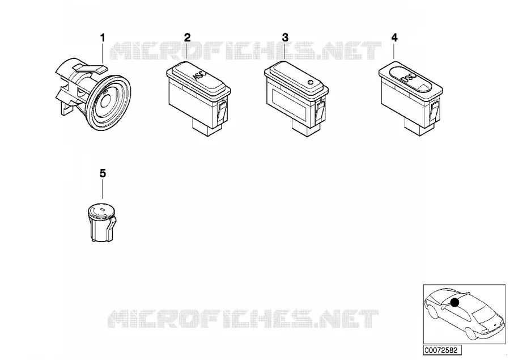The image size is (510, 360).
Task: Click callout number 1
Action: (x=103, y=38)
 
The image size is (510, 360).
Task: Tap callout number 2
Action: (x=188, y=37)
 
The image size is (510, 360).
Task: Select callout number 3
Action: (x=285, y=37)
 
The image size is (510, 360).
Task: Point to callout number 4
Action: (x=394, y=37)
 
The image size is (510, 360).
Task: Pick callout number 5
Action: (x=103, y=173)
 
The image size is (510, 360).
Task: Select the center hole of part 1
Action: (x=105, y=102)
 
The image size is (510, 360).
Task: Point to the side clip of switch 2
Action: (x=223, y=110)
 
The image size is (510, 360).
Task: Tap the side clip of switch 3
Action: (x=320, y=110)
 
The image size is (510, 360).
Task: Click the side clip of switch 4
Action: (x=435, y=110)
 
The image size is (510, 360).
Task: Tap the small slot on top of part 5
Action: (x=102, y=209)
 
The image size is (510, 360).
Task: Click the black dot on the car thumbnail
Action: (x=454, y=303)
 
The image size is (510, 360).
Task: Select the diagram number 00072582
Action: (x=441, y=350)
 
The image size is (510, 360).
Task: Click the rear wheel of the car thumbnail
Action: (x=470, y=333)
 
